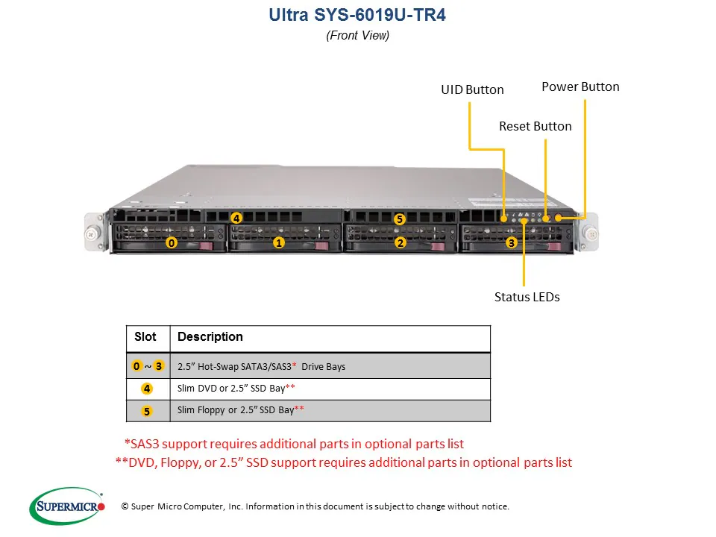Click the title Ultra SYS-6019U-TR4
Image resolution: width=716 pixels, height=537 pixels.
coord(357,16)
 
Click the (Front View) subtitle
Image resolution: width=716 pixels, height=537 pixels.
coord(357,35)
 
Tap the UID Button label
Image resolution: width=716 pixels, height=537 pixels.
coord(472,89)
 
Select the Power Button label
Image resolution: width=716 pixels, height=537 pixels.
coord(580,87)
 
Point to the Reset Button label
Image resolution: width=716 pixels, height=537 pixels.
coord(535,126)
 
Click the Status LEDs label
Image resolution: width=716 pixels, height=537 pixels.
coord(527,297)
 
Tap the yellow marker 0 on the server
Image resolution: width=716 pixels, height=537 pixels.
coord(172,243)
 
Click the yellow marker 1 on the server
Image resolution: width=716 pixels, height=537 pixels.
coord(278,242)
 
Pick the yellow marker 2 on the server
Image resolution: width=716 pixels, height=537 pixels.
coord(401,242)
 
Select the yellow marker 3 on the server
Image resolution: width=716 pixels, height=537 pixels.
coord(511,242)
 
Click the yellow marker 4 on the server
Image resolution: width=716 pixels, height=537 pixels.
coord(236,219)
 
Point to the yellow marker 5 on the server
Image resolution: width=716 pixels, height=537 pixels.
coord(400,219)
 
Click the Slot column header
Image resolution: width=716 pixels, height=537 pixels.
coord(145,337)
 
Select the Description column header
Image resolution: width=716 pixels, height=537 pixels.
coord(210,337)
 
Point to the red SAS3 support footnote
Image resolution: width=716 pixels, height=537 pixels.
coord(294,444)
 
